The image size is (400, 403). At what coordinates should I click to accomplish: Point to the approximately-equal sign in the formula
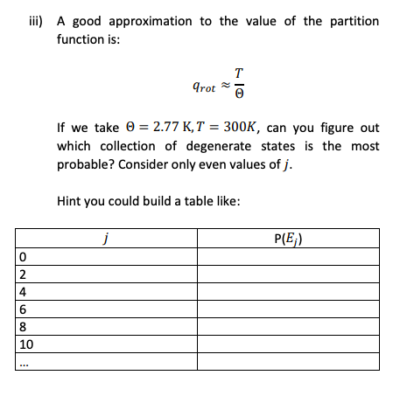(x=224, y=86)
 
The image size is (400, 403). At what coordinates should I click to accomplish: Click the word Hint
(x=71, y=202)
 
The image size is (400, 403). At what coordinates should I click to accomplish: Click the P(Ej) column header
(x=288, y=239)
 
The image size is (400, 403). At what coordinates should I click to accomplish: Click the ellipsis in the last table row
(x=24, y=363)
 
